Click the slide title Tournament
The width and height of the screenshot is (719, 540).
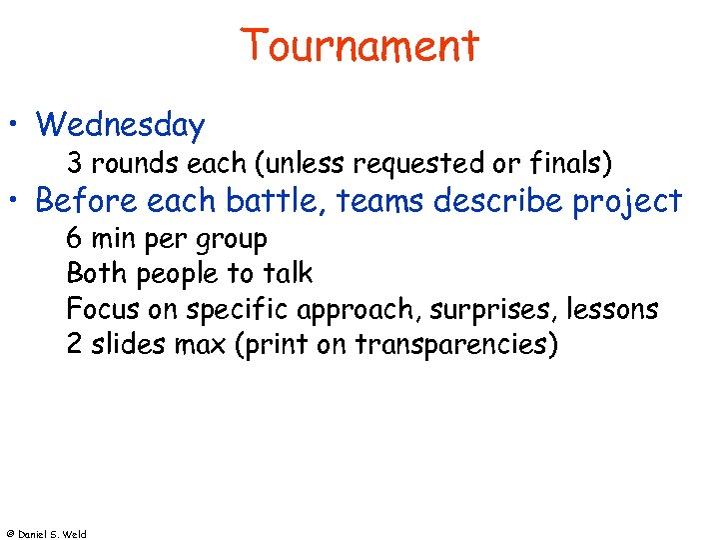pos(359,46)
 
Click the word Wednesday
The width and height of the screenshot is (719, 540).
pos(120,125)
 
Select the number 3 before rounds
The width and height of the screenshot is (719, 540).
pos(74,161)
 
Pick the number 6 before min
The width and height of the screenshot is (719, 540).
pos(74,239)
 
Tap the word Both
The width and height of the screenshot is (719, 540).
pos(94,273)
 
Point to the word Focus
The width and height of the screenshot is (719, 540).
pos(98,309)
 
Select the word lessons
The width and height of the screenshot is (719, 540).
pos(612,309)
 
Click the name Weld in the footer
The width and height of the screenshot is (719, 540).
pos(75,534)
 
